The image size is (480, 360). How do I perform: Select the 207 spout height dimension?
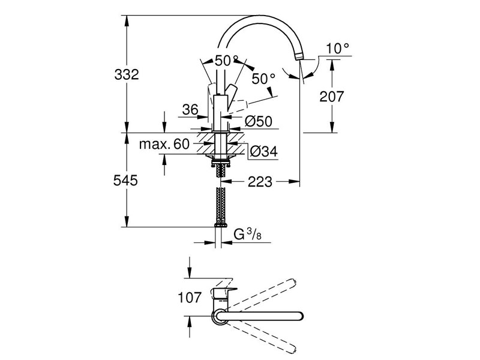tap(331, 95)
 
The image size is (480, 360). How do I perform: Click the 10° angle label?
tap(337, 49)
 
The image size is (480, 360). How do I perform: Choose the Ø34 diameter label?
tap(262, 152)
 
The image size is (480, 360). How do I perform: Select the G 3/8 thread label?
tap(245, 234)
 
